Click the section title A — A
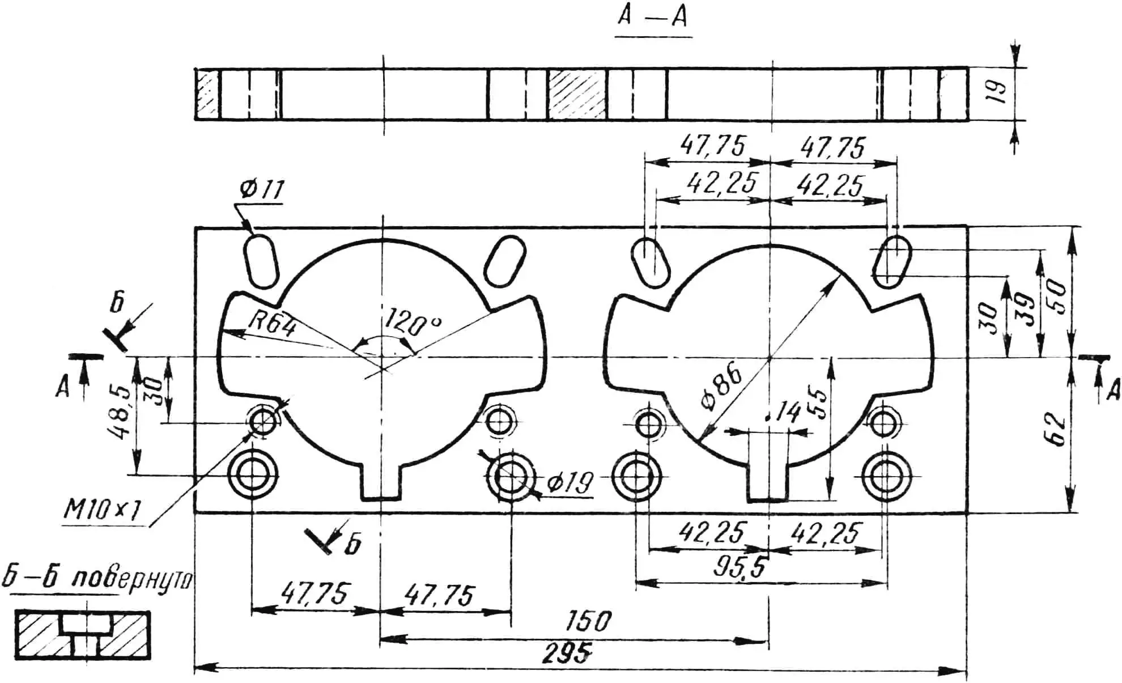tap(652, 17)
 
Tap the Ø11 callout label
tap(261, 189)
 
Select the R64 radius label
tap(273, 325)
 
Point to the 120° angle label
tap(412, 324)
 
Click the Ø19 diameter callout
tap(570, 483)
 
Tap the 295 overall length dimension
tap(566, 653)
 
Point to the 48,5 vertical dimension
tap(120, 413)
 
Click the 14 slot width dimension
tap(787, 413)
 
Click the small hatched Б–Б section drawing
tap(83, 635)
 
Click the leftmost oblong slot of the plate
tap(261, 261)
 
